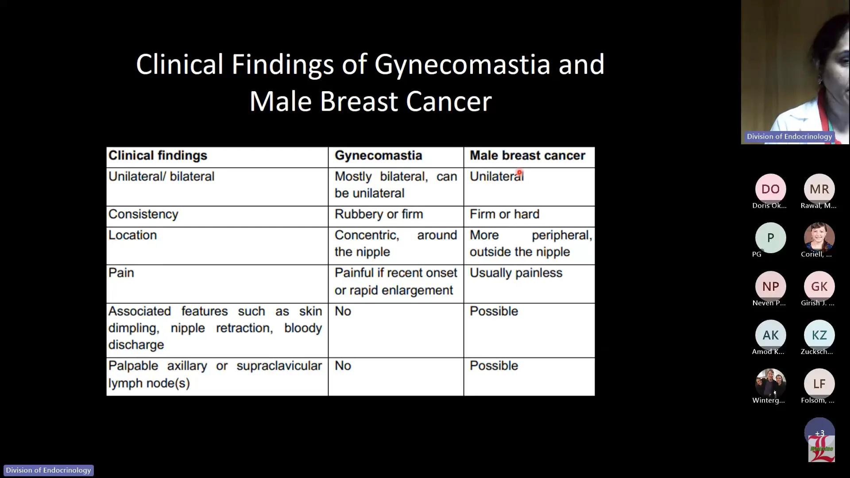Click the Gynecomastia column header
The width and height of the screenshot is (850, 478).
pos(378,156)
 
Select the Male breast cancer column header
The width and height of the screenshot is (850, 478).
pos(527,156)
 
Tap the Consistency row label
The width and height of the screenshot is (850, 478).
pos(143,214)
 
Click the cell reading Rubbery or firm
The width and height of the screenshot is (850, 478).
pos(379,214)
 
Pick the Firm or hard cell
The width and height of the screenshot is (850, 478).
pos(504,214)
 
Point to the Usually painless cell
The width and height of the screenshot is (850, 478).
pos(516,273)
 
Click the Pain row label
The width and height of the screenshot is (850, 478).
pos(121,273)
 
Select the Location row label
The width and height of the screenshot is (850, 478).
pos(132,235)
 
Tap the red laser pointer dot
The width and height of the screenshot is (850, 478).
pos(519,173)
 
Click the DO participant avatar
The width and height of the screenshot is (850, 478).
pos(770,189)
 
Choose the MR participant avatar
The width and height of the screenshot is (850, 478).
pos(819,189)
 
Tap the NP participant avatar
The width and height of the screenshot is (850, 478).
pos(770,286)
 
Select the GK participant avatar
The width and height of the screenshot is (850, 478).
pos(819,286)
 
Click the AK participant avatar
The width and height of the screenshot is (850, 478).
pos(770,335)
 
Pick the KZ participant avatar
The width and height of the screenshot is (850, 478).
pos(819,335)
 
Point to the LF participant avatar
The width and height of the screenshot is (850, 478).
pos(819,384)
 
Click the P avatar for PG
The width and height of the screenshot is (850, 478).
pos(770,238)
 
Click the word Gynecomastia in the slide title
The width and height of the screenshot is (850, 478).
pos(462,65)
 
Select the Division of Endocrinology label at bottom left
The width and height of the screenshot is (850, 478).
pos(48,470)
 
